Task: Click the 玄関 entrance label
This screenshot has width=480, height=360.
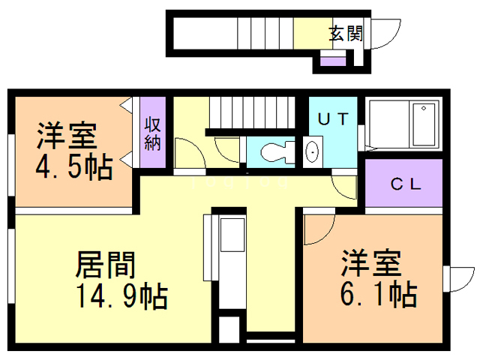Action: click(x=346, y=33)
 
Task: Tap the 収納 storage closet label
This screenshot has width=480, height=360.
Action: click(x=152, y=133)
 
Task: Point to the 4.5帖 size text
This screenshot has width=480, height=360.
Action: click(x=73, y=166)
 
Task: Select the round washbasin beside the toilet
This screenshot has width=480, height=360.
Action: click(x=313, y=152)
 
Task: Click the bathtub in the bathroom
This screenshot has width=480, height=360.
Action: click(x=423, y=126)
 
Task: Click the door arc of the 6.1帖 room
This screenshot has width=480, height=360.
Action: click(x=318, y=229)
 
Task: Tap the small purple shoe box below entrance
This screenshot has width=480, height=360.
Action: click(x=330, y=60)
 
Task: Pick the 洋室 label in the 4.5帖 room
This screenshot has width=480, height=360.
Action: click(x=67, y=137)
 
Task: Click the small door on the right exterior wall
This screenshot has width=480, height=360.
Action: click(x=454, y=277)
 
